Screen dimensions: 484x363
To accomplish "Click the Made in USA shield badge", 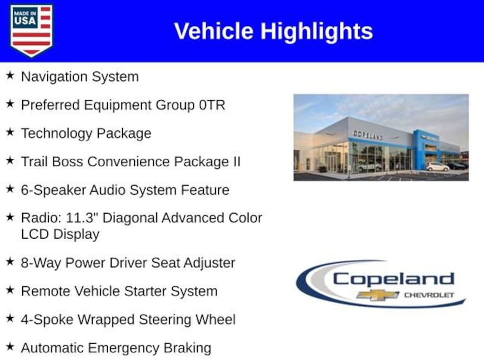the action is [x=31, y=30].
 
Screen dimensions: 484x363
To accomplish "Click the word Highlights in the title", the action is [x=317, y=32].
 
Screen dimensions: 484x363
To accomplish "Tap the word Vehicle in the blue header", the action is [x=214, y=31].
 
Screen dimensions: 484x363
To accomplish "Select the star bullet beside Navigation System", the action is [x=10, y=75].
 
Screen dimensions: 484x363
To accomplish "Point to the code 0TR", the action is [x=212, y=105].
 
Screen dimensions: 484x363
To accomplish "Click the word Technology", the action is [x=57, y=134].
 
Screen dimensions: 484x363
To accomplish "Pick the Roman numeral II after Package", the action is [x=236, y=162].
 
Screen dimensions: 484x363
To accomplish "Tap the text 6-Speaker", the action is [x=53, y=190].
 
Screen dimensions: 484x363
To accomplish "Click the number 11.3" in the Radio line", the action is [x=79, y=218].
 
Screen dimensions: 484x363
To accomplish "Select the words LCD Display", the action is [x=60, y=234].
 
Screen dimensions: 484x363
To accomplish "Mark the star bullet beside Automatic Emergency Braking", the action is [x=10, y=346].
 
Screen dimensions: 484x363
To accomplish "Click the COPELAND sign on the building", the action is [x=368, y=135].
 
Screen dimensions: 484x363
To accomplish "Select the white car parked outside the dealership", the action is [x=438, y=167].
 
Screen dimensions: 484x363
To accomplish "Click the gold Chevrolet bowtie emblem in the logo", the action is [x=378, y=295].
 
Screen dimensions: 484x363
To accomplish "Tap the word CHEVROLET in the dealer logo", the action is [x=429, y=295].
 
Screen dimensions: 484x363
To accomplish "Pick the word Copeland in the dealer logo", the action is [x=394, y=279].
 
